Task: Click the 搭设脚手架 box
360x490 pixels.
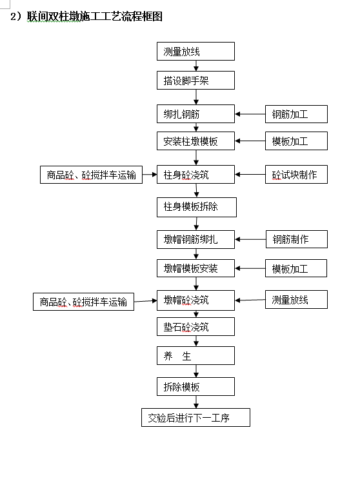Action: pyautogui.click(x=195, y=81)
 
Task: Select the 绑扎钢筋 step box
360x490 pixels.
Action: pyautogui.click(x=195, y=113)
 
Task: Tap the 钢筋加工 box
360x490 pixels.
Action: pyautogui.click(x=296, y=114)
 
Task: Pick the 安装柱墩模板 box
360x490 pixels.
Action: pyautogui.click(x=195, y=141)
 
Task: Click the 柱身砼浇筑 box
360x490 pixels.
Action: pyautogui.click(x=195, y=174)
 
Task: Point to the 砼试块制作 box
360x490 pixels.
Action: pyautogui.click(x=296, y=174)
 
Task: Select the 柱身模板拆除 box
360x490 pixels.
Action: pyautogui.click(x=196, y=207)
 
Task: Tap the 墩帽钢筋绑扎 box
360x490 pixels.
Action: pyautogui.click(x=195, y=239)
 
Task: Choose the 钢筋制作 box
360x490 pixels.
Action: pyautogui.click(x=297, y=239)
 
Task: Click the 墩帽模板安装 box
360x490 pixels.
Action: pyautogui.click(x=195, y=268)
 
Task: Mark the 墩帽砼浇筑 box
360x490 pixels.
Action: pyautogui.click(x=195, y=300)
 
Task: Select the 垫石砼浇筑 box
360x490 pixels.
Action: pyautogui.click(x=195, y=327)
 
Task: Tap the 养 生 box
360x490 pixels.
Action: pyautogui.click(x=195, y=356)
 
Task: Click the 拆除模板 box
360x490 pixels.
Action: pyautogui.click(x=195, y=387)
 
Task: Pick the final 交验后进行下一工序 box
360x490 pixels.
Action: pyautogui.click(x=195, y=418)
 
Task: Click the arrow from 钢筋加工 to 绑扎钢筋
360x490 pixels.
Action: pyautogui.click(x=250, y=114)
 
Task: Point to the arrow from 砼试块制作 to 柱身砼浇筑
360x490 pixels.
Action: pyautogui.click(x=250, y=174)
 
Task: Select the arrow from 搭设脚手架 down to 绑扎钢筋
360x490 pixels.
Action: pyautogui.click(x=196, y=97)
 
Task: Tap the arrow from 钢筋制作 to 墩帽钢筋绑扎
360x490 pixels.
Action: pyautogui.click(x=250, y=239)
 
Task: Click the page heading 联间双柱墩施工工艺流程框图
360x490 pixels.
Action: pyautogui.click(x=94, y=16)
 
